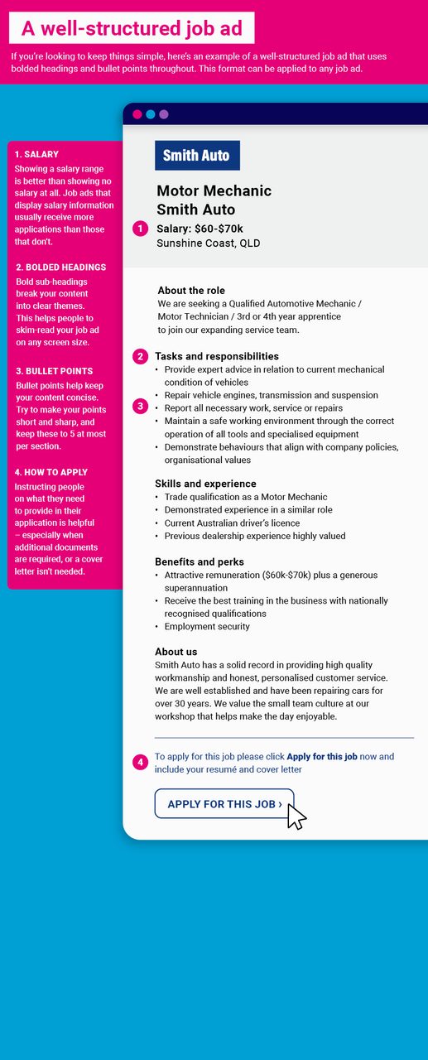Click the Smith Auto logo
click(x=197, y=156)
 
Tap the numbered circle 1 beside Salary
click(x=140, y=229)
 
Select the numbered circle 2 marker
click(x=140, y=356)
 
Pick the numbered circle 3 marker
click(x=140, y=407)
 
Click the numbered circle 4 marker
click(x=140, y=762)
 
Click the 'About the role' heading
click(x=191, y=291)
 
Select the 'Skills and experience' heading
click(x=205, y=484)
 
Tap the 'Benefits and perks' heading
click(x=199, y=562)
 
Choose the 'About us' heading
click(x=176, y=652)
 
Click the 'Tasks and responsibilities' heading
click(x=216, y=356)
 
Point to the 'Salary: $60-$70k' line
click(x=200, y=228)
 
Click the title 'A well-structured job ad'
click(x=132, y=29)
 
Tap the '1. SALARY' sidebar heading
click(x=36, y=154)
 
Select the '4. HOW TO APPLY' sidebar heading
click(x=50, y=473)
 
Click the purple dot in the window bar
click(x=164, y=114)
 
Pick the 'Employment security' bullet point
click(x=207, y=627)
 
